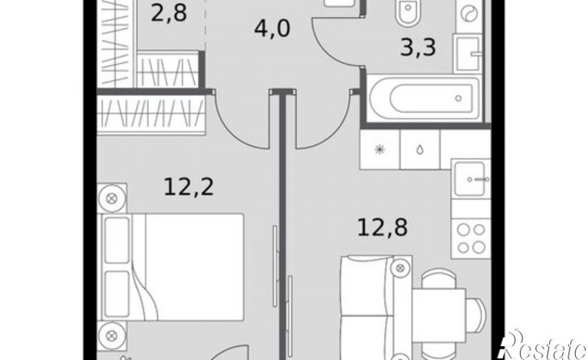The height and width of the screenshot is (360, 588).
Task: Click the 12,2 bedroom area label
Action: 189,187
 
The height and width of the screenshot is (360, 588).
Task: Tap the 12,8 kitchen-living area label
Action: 382,228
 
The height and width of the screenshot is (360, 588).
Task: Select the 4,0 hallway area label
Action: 273,29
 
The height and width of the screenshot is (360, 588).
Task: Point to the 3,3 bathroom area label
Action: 418,48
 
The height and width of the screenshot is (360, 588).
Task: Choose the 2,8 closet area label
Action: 169,14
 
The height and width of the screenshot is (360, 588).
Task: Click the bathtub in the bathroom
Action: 423,98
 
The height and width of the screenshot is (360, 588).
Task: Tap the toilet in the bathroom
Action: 409,11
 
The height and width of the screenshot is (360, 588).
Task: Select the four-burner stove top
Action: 471,239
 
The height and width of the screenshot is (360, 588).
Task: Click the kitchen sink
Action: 471,178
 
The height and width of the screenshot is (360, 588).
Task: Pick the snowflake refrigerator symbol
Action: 380,150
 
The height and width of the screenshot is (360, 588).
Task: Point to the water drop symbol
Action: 419,150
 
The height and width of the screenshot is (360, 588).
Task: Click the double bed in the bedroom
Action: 171,267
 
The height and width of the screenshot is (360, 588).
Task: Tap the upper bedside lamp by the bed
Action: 111,198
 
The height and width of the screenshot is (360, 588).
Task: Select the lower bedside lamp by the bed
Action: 111,335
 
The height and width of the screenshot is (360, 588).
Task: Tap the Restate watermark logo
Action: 543,345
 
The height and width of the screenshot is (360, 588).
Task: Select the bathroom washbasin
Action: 467,54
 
